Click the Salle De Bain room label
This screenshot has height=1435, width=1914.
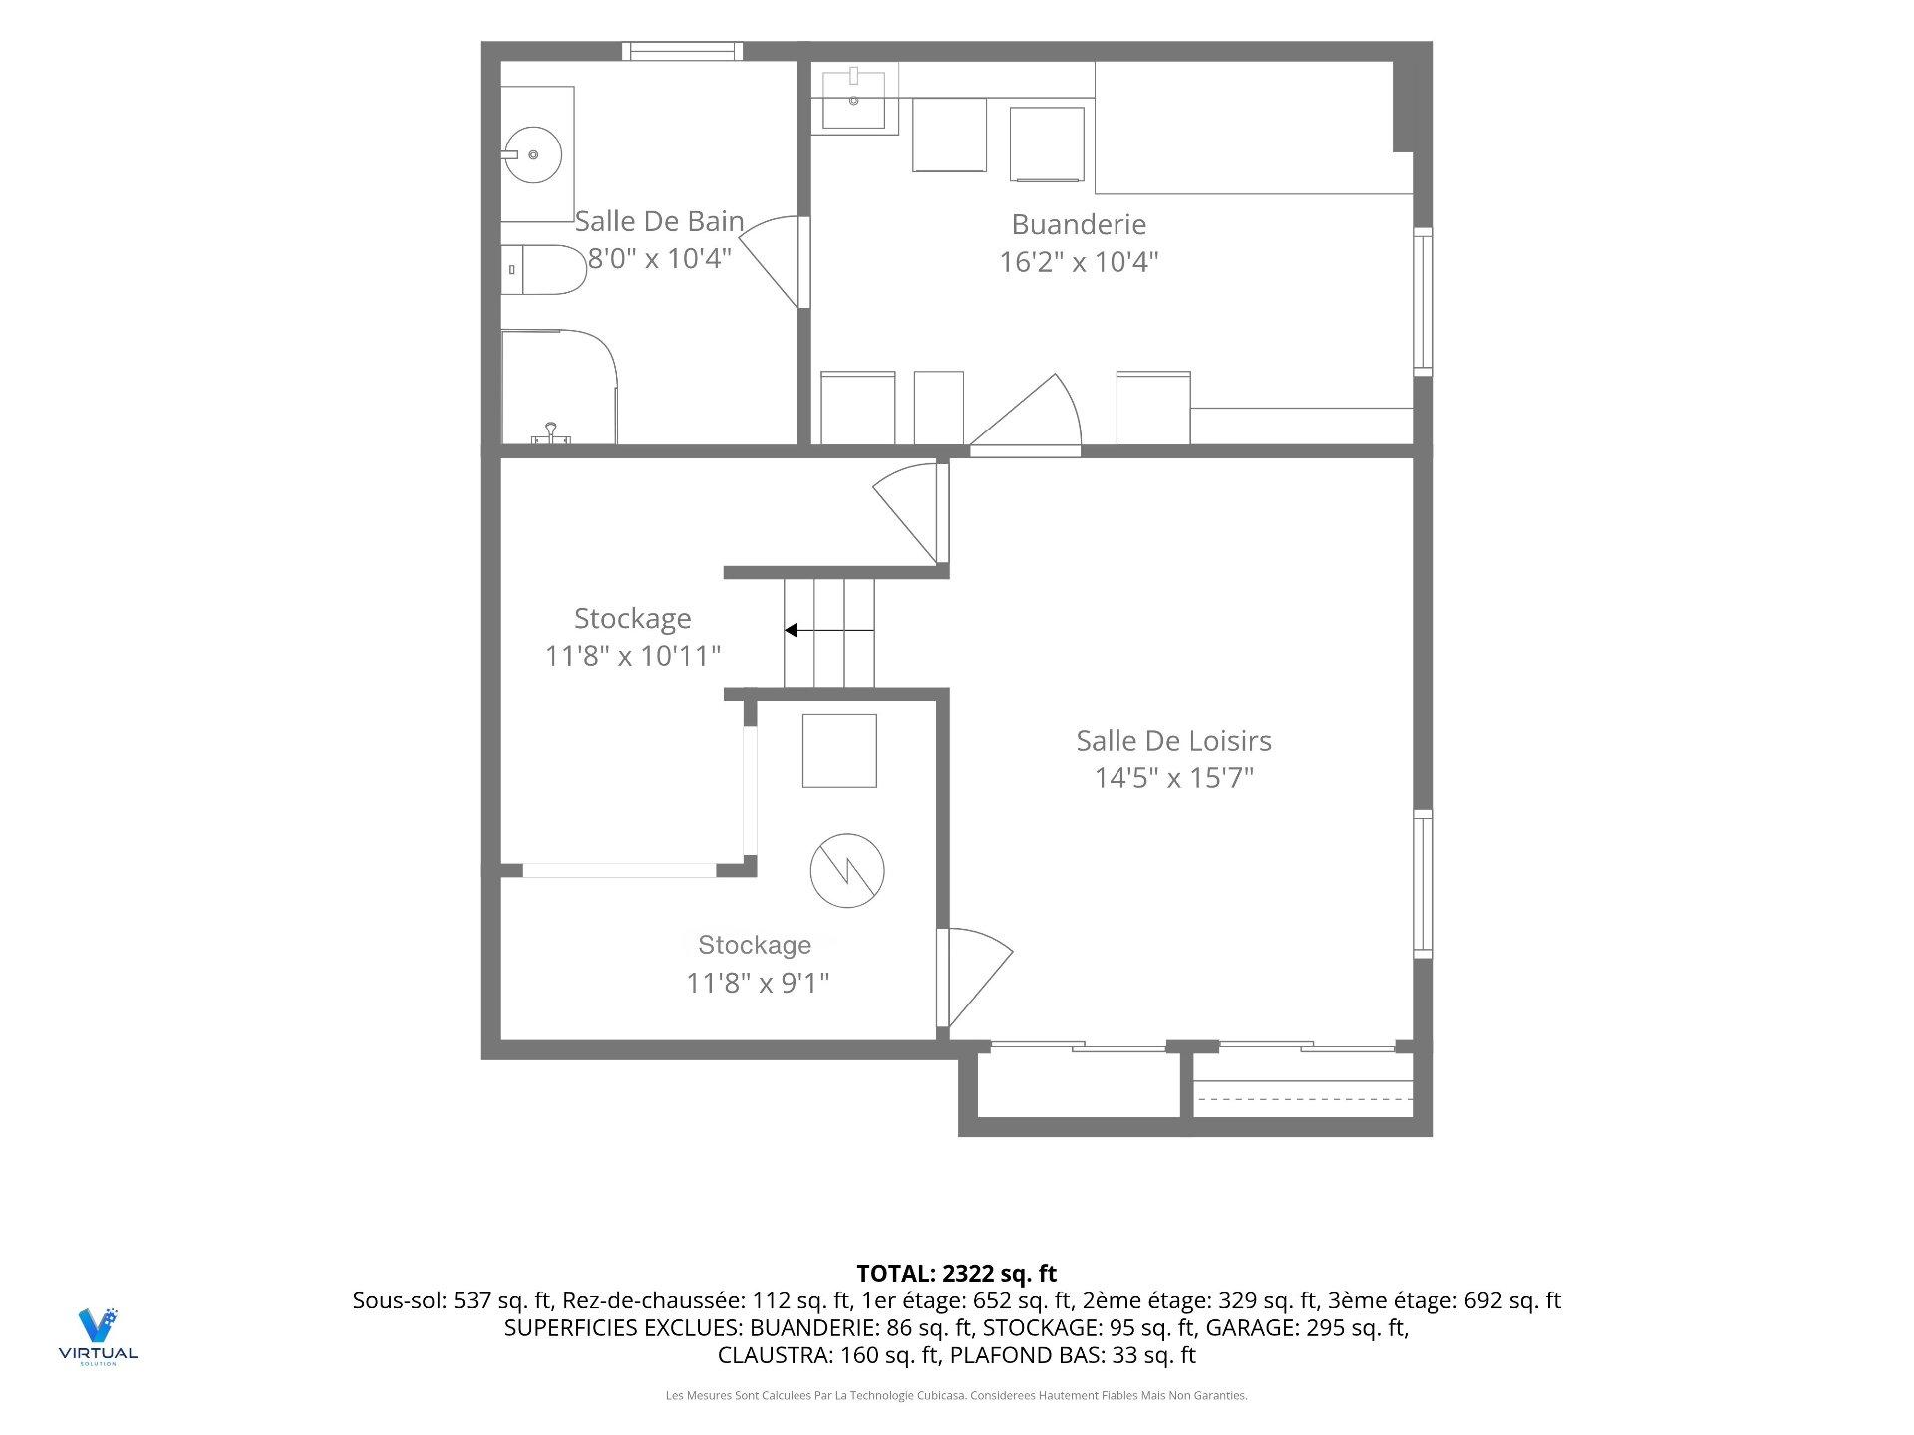tap(659, 220)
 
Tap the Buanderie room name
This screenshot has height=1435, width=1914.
tap(1079, 224)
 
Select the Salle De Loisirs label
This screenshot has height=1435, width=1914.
tap(1173, 740)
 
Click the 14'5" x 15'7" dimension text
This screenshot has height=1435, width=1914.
tap(1173, 777)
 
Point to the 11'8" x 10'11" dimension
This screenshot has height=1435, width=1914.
tap(633, 656)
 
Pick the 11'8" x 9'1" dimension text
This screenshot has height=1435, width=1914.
tap(758, 983)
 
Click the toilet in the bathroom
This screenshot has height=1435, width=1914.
tap(542, 270)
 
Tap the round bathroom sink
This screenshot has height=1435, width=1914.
tap(532, 154)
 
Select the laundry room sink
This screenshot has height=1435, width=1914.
tap(854, 97)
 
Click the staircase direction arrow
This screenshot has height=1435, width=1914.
tap(828, 630)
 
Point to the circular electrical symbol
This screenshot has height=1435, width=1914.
tap(846, 870)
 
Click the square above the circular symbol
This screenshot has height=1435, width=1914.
tap(839, 750)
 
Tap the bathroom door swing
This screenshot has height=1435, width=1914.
tap(770, 261)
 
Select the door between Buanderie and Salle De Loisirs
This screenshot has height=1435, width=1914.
tap(1026, 413)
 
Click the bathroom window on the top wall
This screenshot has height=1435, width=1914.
tap(683, 51)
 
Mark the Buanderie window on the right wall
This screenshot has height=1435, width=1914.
tap(1424, 302)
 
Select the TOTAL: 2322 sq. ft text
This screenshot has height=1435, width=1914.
tap(957, 1273)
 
